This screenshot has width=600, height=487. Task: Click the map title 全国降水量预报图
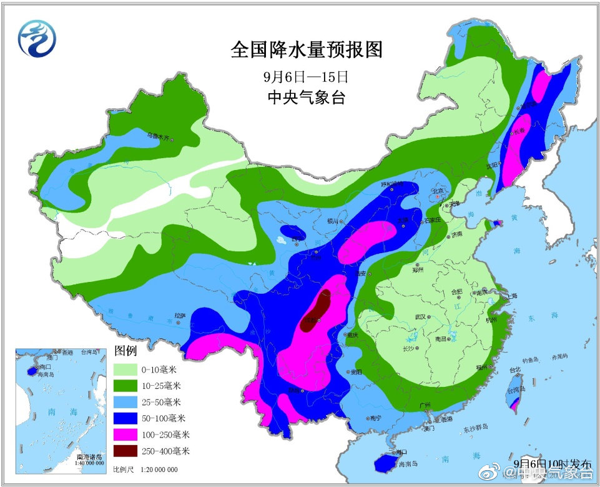(306, 50)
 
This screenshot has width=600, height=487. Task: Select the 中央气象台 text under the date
(305, 98)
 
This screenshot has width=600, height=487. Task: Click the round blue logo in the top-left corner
(36, 38)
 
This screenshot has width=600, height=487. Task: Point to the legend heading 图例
(125, 349)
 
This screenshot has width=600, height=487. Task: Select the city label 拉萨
(180, 316)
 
